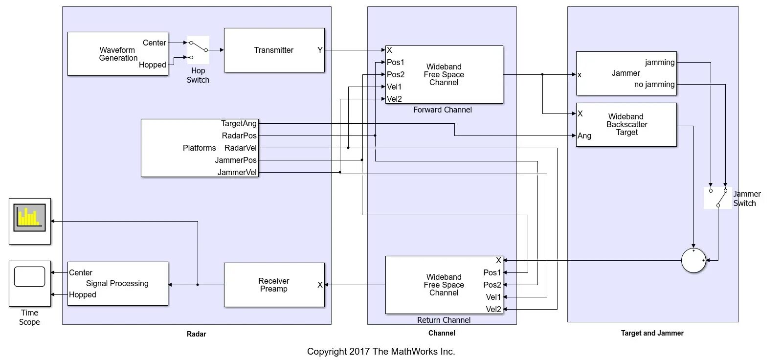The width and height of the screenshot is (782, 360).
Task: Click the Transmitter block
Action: point(274,50)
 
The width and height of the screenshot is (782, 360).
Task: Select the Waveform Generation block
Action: point(117,54)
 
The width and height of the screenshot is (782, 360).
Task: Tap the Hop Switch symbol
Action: point(198,50)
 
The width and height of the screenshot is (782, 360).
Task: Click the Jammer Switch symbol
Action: point(718,198)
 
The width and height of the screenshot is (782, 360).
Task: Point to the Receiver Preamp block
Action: point(274,285)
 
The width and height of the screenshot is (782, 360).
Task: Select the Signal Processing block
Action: point(117,284)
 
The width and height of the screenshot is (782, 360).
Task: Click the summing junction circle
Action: point(693,260)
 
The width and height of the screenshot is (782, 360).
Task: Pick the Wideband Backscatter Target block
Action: point(626,125)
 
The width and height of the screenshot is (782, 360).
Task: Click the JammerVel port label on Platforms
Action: point(237,172)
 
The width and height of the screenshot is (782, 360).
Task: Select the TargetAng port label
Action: point(239,124)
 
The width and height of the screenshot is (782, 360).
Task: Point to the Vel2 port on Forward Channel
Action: point(394,99)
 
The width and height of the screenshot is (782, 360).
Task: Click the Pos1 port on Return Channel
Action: point(492,272)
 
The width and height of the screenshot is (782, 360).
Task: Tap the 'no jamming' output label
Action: point(654,85)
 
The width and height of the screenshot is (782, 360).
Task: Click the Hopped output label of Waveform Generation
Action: point(153,65)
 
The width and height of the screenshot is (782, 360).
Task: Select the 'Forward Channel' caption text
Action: point(443,110)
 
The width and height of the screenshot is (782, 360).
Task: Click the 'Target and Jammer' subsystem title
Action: point(652,333)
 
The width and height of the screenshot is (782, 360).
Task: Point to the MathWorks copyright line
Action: point(381,351)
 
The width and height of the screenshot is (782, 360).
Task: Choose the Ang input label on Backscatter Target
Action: point(584,136)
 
